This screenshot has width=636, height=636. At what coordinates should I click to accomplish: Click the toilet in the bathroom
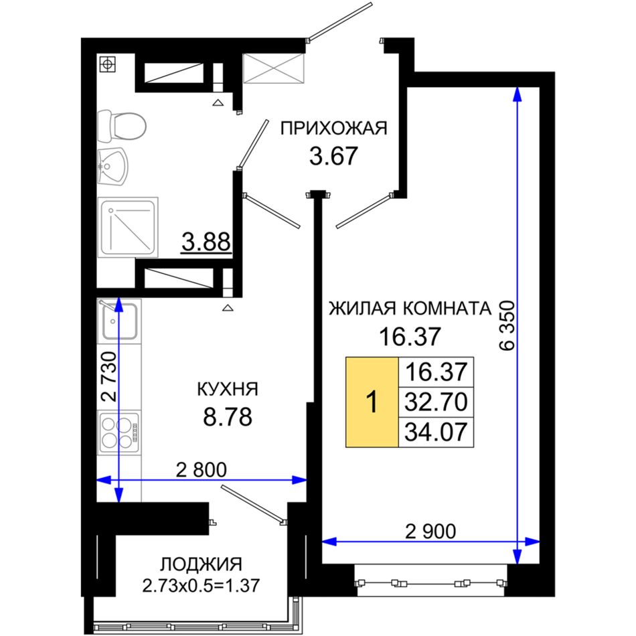tap(122, 126)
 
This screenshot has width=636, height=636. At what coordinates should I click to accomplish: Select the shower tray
tap(128, 227)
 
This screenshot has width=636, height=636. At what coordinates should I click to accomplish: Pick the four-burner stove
tap(119, 432)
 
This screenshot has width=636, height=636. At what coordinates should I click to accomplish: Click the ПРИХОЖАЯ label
tap(334, 128)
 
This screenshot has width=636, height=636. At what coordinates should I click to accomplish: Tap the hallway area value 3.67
tap(333, 156)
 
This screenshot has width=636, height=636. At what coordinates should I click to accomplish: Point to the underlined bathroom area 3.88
tap(206, 242)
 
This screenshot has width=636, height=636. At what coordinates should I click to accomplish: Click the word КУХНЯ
tap(227, 390)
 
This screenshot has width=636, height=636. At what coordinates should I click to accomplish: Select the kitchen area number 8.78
tap(228, 417)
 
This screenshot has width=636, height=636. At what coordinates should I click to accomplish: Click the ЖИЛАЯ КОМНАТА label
tap(410, 309)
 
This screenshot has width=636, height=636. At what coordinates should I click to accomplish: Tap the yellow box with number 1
tap(372, 402)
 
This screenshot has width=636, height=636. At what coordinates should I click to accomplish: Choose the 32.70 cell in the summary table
tap(436, 402)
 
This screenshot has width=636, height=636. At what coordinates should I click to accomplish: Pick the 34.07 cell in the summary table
tap(436, 432)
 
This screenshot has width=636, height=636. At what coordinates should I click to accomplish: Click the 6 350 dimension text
tap(507, 325)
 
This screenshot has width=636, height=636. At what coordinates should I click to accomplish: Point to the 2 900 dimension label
tap(430, 532)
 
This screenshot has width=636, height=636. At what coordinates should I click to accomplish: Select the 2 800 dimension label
tap(202, 470)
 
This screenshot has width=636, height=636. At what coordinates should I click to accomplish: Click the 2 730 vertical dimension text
tap(108, 376)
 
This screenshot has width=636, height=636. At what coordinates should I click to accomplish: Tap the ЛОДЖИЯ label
tap(202, 564)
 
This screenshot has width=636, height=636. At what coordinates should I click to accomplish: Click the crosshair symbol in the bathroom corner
tap(108, 64)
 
